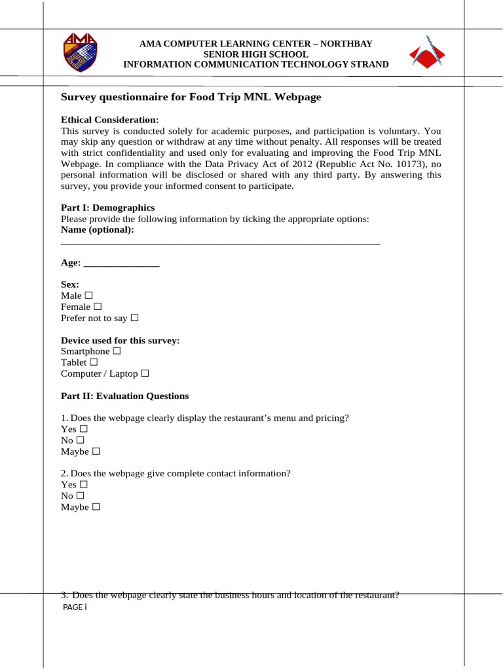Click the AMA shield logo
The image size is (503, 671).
80,53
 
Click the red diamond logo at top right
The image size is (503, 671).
426,52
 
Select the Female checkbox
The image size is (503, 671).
98,307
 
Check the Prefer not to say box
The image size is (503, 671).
134,318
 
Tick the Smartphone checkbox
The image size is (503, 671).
117,351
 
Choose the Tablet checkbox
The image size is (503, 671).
94,362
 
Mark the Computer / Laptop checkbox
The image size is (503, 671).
145,374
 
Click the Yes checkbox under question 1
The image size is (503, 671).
83,429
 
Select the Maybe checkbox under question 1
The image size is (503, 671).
96,451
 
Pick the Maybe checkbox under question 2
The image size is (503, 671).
96,507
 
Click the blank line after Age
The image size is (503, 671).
122,265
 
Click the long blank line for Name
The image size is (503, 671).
220,243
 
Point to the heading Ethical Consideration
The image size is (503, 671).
109,120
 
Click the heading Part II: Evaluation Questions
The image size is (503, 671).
124,396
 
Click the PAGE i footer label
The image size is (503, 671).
73,607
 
